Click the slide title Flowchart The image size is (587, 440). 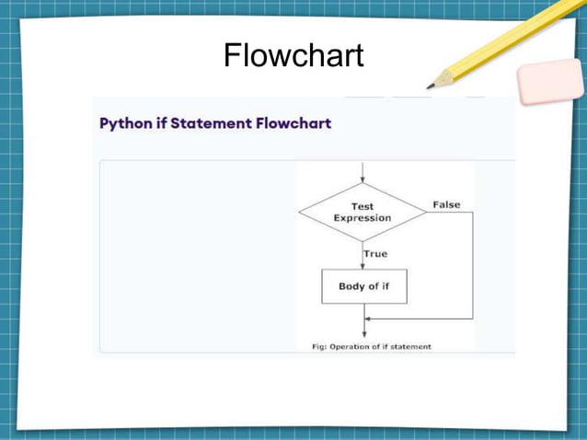[293, 56]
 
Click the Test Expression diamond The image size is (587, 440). [363, 213]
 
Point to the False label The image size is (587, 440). [446, 204]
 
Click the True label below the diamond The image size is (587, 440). [375, 254]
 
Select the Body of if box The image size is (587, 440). [363, 286]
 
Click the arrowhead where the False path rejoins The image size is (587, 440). [368, 318]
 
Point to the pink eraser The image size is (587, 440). [550, 83]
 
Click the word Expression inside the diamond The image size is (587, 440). [363, 218]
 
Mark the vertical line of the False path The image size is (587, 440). [472, 267]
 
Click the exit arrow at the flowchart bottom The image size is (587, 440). [363, 331]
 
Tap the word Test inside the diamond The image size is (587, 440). [363, 207]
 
